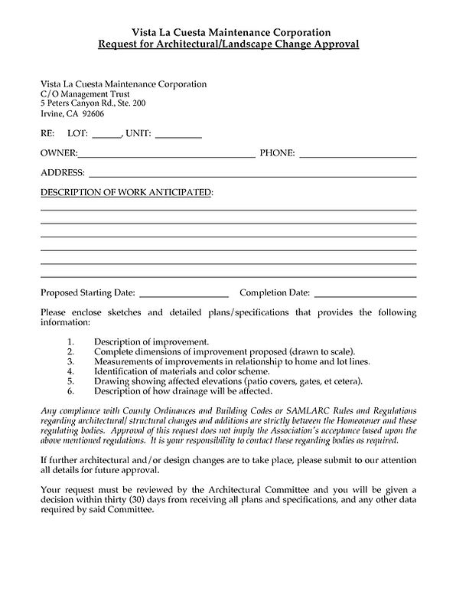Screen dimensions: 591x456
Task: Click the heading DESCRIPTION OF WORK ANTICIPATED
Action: pyautogui.click(x=126, y=191)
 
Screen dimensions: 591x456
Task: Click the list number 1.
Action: pyautogui.click(x=70, y=340)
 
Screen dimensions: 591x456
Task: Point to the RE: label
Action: pyautogui.click(x=47, y=134)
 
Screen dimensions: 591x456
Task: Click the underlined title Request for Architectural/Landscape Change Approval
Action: pyautogui.click(x=228, y=44)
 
